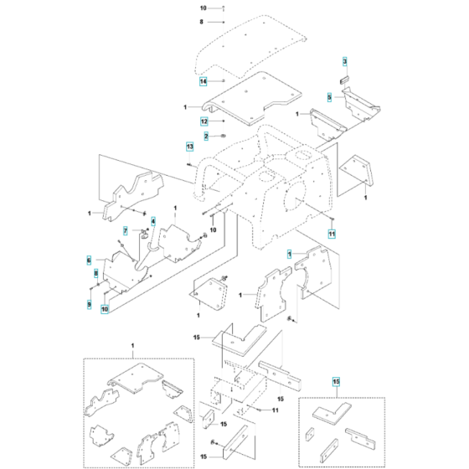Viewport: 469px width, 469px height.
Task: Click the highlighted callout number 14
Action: (203, 81)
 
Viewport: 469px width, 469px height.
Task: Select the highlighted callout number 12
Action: (203, 121)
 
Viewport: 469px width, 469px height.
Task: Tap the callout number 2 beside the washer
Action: (204, 136)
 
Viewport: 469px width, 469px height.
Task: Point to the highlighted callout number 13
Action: (190, 147)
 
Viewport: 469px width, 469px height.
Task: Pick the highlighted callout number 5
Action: (330, 97)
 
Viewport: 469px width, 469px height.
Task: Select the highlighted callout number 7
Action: (126, 230)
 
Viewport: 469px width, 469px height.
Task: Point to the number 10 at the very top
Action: (202, 8)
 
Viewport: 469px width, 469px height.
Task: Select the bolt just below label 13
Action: (194, 164)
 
